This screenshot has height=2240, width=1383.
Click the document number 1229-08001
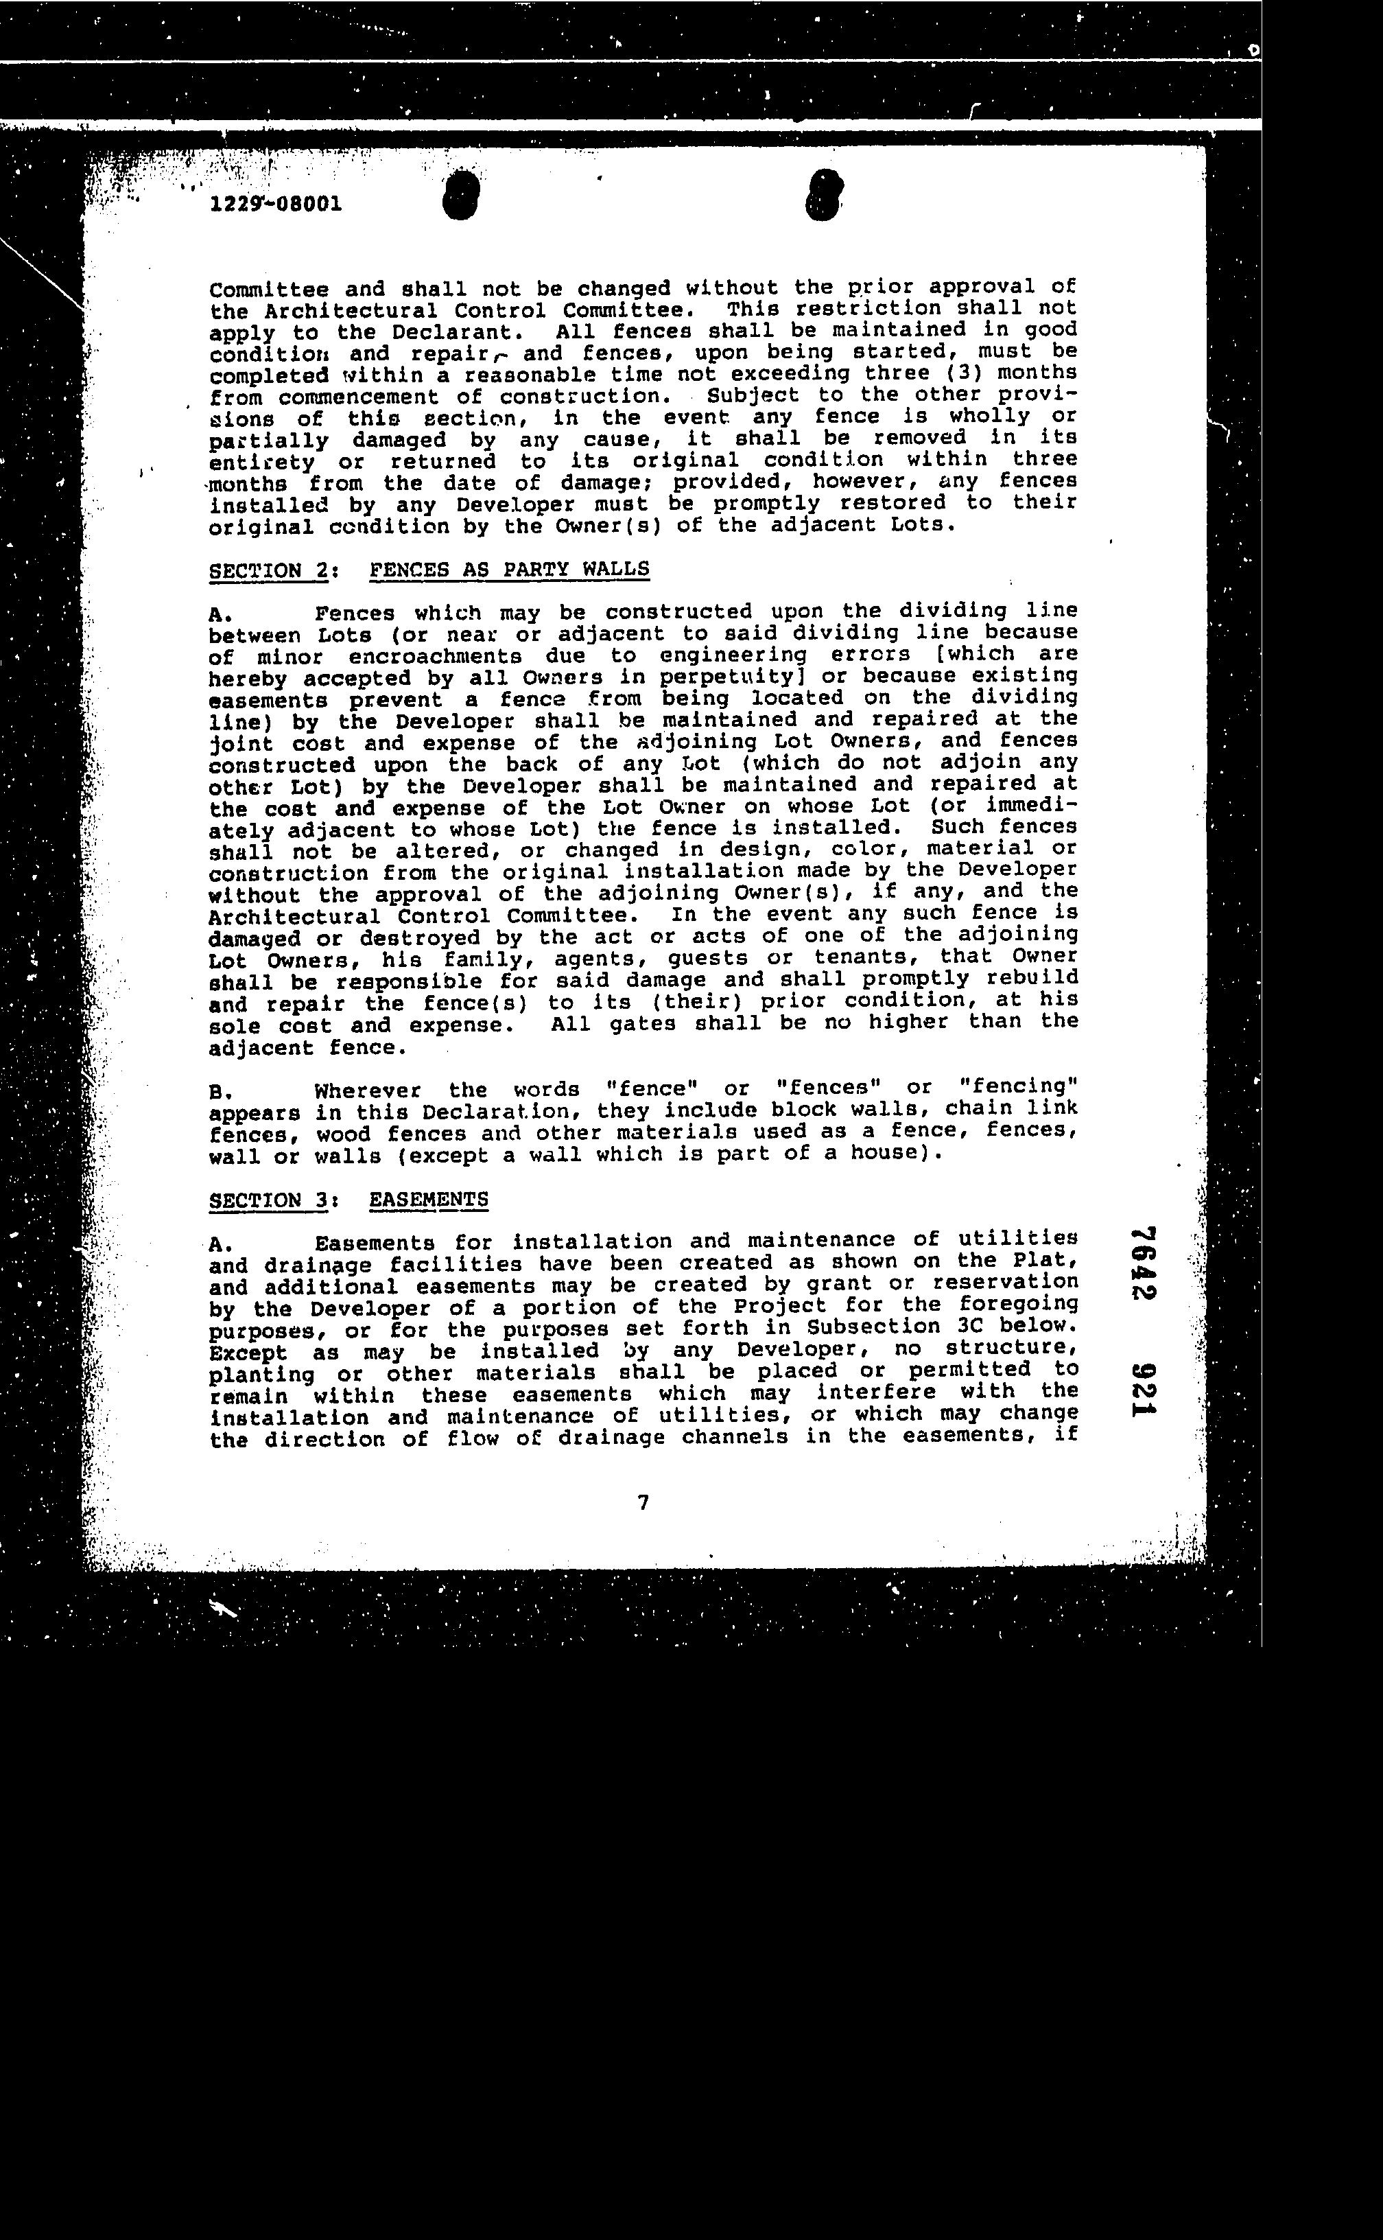pyautogui.click(x=276, y=203)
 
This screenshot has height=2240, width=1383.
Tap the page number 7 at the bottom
pyautogui.click(x=643, y=1502)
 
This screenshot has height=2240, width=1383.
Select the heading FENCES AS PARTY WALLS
pyautogui.click(x=510, y=569)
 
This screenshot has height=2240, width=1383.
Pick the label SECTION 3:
pyautogui.click(x=272, y=1200)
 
